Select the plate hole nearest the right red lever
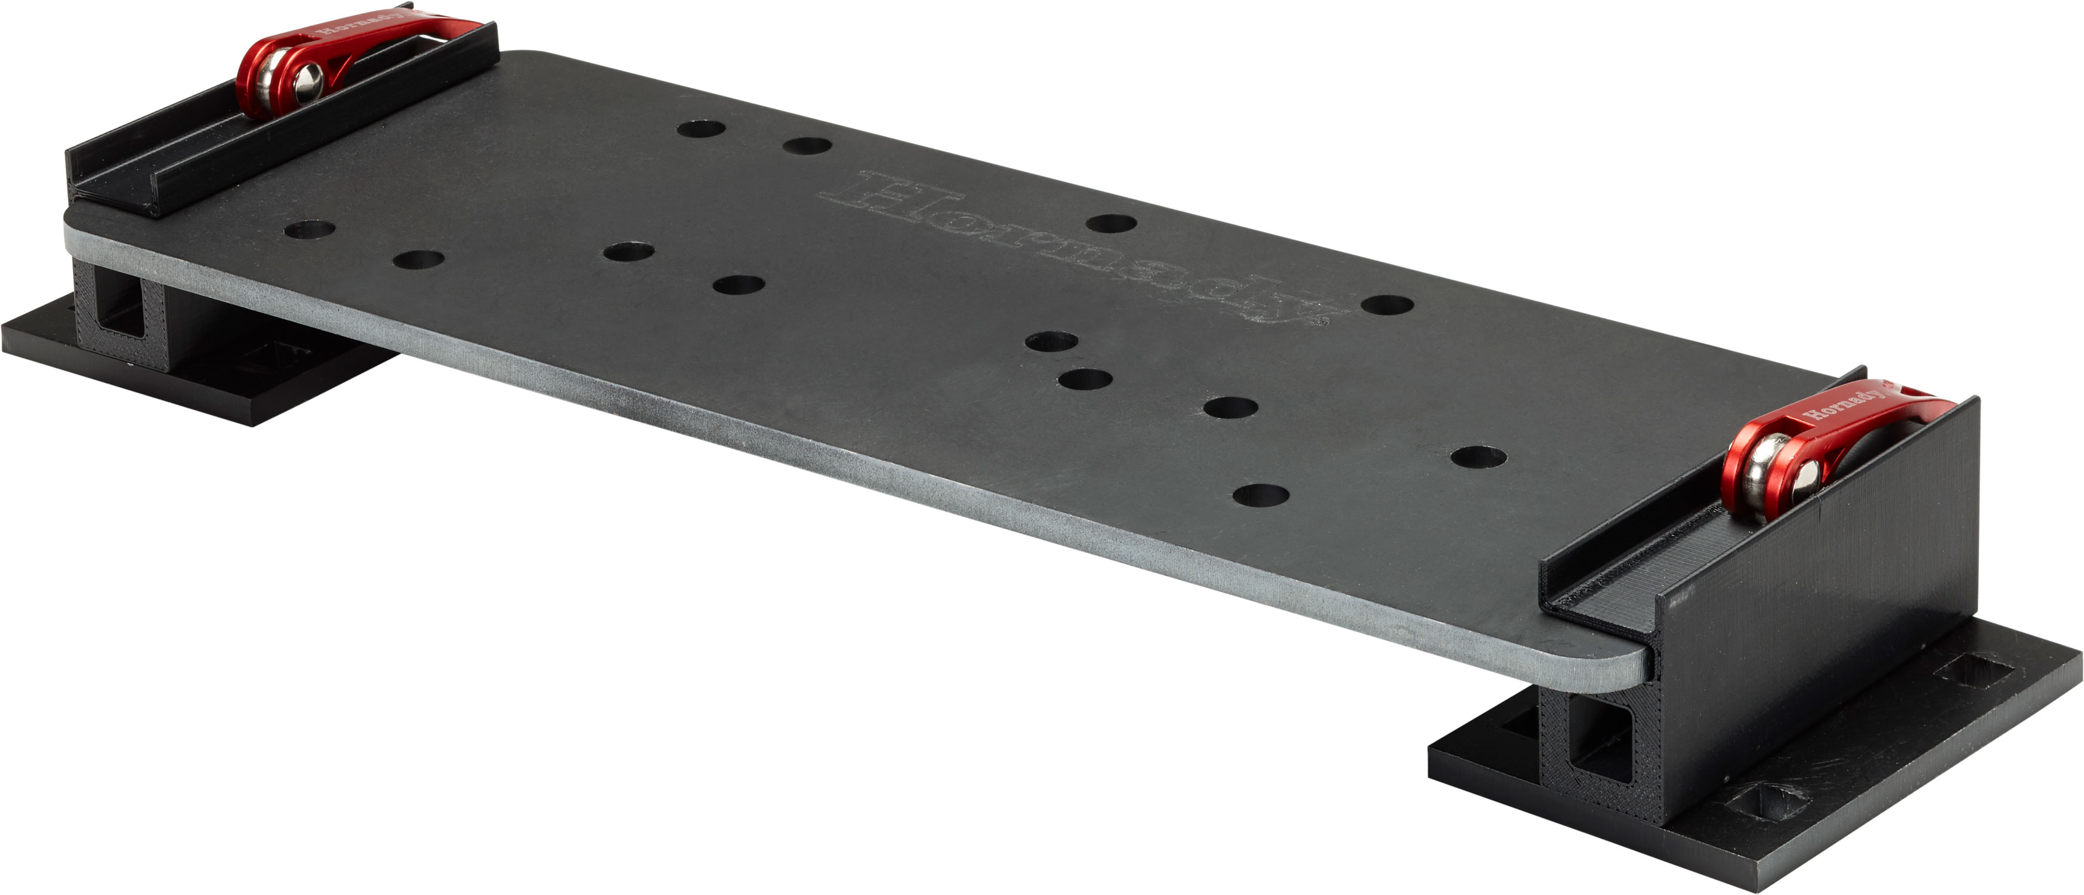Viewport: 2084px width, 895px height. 1478,457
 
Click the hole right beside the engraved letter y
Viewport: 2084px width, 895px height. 1387,305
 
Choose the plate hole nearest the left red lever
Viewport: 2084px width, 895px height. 700,129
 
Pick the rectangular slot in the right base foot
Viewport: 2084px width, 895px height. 1970,672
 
